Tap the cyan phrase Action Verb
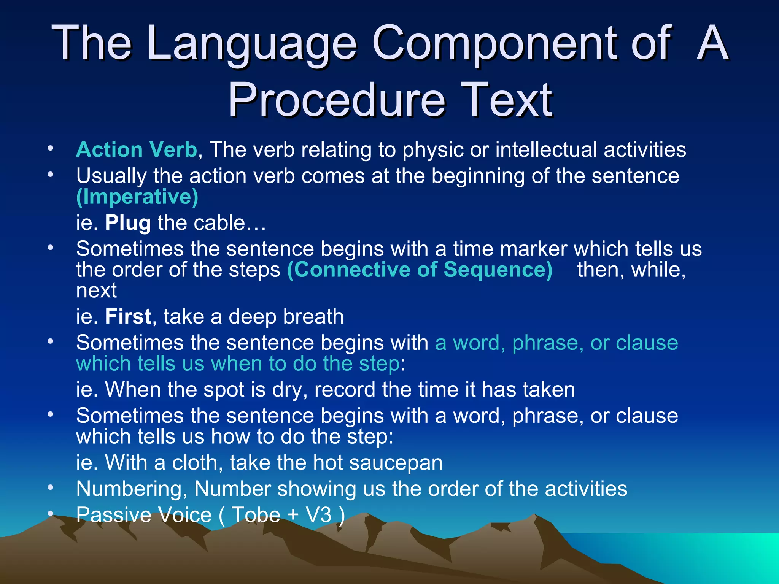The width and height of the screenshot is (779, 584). coord(136,149)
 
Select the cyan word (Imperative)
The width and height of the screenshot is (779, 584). coord(137,197)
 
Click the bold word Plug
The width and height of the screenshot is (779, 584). coord(128,223)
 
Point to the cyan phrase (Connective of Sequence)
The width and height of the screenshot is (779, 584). coord(420,270)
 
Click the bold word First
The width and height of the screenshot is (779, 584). coord(128,317)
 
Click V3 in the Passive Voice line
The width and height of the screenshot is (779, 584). coord(319,515)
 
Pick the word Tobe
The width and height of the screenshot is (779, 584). coord(256,515)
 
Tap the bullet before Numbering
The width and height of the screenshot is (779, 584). coord(51,487)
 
